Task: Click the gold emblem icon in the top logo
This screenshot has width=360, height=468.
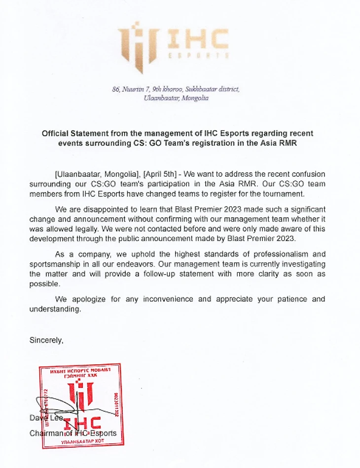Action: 137,47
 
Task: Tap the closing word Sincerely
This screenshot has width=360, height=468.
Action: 46,340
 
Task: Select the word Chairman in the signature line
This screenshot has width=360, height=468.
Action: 47,433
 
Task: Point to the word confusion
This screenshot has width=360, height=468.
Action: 305,174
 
